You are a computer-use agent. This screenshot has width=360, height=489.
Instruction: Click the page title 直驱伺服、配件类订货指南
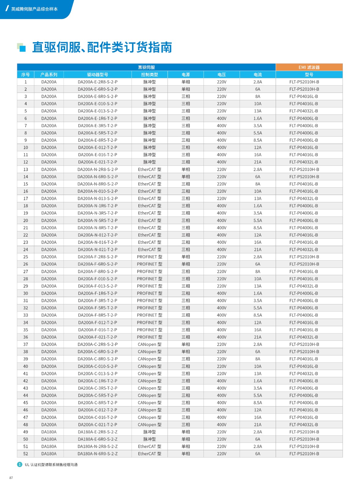click(x=102, y=47)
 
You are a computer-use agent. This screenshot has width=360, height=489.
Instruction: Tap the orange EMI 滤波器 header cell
click(x=309, y=67)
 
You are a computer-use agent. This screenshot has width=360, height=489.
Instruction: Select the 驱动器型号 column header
click(x=97, y=75)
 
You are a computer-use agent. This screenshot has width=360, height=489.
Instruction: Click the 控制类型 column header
click(x=149, y=75)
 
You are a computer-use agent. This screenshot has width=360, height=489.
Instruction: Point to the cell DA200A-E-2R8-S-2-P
click(x=97, y=82)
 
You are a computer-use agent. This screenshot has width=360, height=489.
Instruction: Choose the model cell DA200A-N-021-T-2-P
click(x=97, y=250)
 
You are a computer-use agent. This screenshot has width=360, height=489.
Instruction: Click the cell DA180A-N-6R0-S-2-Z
click(x=97, y=454)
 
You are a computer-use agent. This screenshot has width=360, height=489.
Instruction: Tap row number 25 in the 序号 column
click(x=26, y=257)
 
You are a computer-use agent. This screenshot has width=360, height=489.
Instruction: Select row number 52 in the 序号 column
click(x=26, y=454)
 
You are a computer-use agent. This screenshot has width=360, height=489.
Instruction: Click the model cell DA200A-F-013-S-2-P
click(x=97, y=286)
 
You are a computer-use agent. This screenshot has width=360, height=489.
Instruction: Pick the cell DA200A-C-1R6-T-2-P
click(x=97, y=381)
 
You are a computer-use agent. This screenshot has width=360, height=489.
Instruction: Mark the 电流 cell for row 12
click(x=258, y=162)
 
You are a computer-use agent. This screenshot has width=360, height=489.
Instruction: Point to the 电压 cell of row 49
click(x=222, y=432)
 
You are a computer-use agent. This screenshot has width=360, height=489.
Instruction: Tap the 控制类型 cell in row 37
click(x=149, y=344)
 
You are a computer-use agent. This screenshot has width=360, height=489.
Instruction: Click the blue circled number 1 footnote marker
click(x=20, y=465)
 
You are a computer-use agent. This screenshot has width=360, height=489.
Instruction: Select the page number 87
click(x=11, y=478)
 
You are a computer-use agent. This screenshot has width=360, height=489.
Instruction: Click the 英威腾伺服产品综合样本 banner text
click(x=34, y=9)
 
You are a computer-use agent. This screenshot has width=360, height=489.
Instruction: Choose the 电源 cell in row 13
click(x=186, y=169)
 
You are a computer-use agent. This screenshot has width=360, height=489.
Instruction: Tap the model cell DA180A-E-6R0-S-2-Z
click(x=97, y=439)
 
